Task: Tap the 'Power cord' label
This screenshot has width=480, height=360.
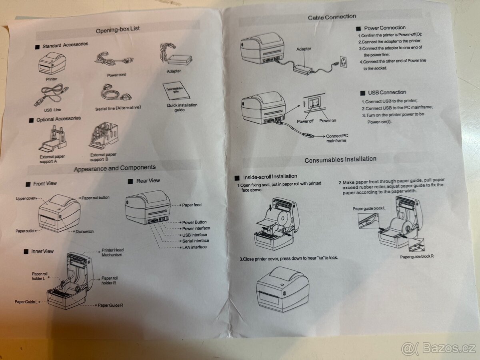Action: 117,75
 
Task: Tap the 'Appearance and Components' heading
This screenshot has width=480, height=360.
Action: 115,168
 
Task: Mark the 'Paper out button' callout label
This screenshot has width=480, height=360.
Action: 96,198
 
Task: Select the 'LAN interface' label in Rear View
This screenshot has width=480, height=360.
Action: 194,247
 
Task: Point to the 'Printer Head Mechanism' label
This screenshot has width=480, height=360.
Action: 112,252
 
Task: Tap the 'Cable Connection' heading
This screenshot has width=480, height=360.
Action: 332,17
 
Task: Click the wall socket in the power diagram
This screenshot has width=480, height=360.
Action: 343,61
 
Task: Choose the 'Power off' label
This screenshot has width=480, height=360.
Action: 305,121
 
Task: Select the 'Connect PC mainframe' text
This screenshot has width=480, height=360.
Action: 337,138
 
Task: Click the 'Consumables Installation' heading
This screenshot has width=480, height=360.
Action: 340,160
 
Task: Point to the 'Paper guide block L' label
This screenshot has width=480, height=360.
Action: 369,208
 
